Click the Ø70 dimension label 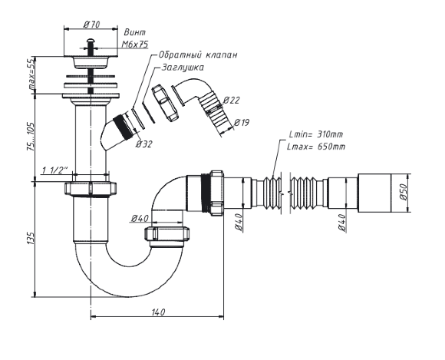click(x=91, y=25)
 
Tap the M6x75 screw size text click(x=135, y=45)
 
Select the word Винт click(x=135, y=32)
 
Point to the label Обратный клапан click(x=197, y=54)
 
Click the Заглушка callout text click(x=183, y=68)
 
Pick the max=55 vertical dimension click(x=31, y=74)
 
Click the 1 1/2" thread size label click(x=55, y=170)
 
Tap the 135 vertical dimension click(x=31, y=239)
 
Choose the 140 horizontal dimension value click(x=158, y=312)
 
